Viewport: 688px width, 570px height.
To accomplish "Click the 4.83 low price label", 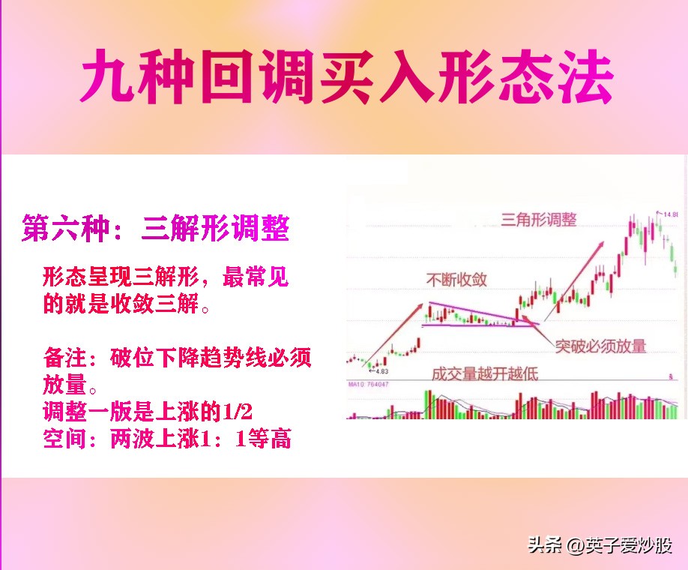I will pos(381,371).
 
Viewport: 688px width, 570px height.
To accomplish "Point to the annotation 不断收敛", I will pos(456,280).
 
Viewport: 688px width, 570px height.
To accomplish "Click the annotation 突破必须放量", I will pos(600,346).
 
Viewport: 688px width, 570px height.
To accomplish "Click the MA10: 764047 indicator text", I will pos(369,384).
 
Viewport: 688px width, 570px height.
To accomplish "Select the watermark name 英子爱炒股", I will pos(630,545).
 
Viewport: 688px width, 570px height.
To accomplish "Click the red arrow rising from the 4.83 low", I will pos(391,334).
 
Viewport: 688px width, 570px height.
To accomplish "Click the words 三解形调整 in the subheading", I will pos(214,227).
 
